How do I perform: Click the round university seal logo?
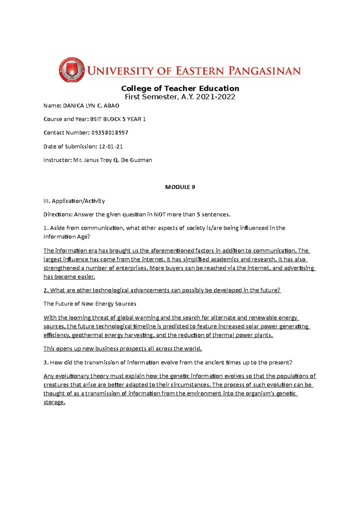click(x=71, y=70)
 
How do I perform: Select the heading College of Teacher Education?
click(x=180, y=88)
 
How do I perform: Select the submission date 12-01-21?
click(x=111, y=147)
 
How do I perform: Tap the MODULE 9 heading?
click(x=180, y=187)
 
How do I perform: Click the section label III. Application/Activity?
click(x=74, y=201)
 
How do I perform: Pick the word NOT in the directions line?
click(x=160, y=215)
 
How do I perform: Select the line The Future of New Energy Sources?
click(x=90, y=304)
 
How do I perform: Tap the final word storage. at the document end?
click(x=54, y=402)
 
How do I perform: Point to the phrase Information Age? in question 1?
click(x=67, y=237)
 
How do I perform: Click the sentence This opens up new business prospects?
click(x=123, y=349)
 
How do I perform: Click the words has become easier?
click(x=69, y=277)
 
